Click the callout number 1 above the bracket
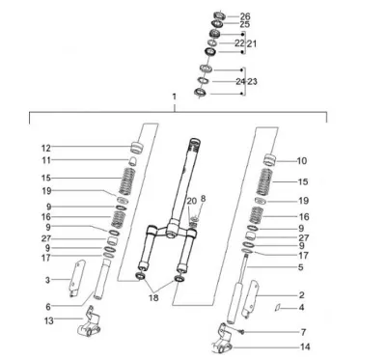click(x=175, y=97)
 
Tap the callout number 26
click(x=245, y=16)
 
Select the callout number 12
click(x=46, y=149)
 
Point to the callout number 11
click(x=46, y=160)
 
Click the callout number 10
click(x=302, y=161)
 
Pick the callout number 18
click(x=153, y=298)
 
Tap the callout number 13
click(x=49, y=320)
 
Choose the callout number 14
click(x=305, y=346)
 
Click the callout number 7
click(x=303, y=332)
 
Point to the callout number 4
click(x=301, y=308)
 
